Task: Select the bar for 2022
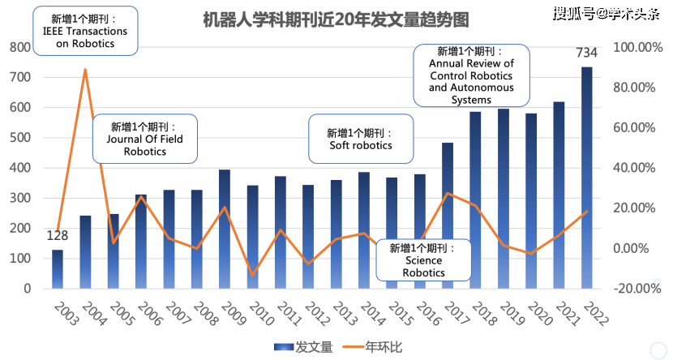point(586,178)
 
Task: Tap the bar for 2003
point(58,268)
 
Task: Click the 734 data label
point(586,54)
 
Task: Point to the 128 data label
point(57,236)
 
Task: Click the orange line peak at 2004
point(85,70)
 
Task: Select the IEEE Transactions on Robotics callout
point(85,32)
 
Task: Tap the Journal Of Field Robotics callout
point(144,139)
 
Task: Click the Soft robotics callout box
point(360,139)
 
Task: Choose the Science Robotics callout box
point(423,260)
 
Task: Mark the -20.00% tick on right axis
point(636,288)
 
